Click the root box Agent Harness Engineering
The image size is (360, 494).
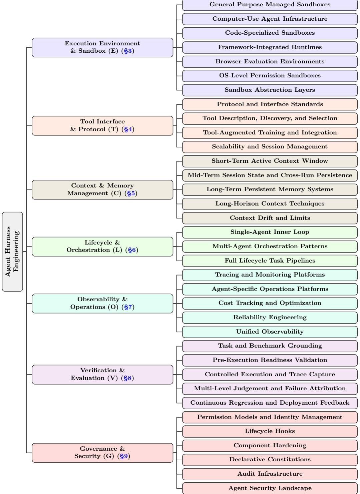point(12,252)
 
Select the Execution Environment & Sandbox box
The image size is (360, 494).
point(102,47)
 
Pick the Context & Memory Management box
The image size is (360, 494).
point(102,190)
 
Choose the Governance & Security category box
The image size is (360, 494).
point(102,453)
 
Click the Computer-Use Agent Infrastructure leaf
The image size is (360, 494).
point(270,19)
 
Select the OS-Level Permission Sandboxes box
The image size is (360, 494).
point(270,76)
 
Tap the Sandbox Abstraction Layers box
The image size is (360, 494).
point(270,90)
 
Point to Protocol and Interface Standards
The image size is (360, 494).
point(270,104)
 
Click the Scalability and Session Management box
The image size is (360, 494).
point(270,147)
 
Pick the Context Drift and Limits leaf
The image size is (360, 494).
point(270,218)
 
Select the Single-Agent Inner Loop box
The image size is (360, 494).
point(270,232)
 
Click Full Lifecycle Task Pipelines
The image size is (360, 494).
point(270,261)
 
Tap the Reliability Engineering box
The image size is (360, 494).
point(270,318)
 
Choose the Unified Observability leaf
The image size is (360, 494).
point(270,332)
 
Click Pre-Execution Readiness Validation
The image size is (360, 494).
point(270,360)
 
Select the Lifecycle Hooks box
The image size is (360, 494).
point(270,431)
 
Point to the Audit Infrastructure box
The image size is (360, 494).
point(270,474)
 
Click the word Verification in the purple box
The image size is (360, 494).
point(98,370)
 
